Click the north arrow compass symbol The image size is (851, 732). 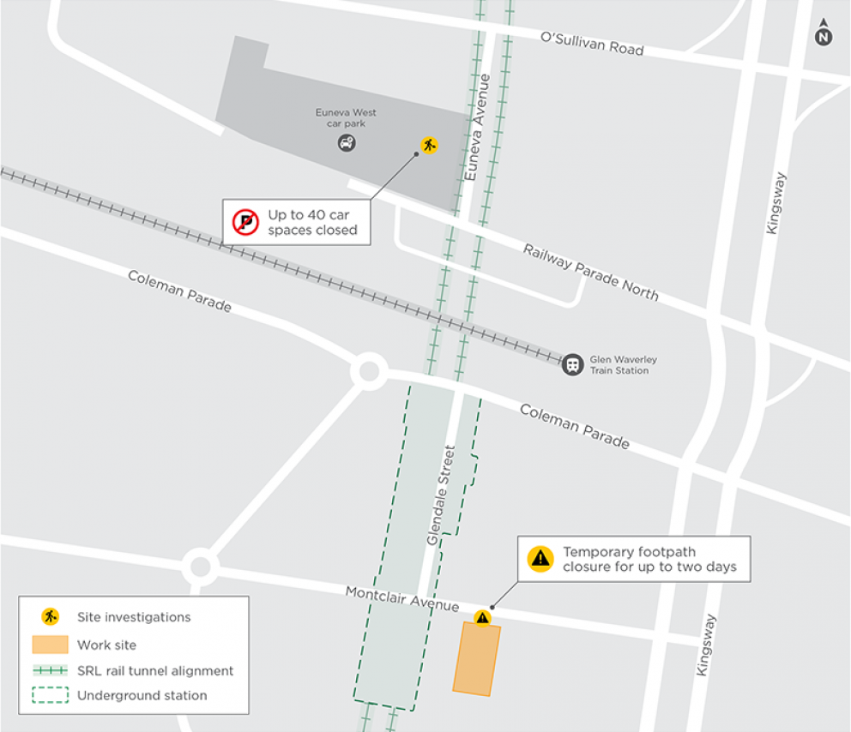824,33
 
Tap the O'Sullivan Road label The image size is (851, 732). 591,44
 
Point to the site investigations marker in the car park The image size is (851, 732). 428,145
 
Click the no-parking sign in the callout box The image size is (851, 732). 245,223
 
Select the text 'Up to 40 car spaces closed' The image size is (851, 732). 312,223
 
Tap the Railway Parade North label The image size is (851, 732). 591,271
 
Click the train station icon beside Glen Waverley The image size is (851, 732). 572,364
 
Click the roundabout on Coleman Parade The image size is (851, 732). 369,372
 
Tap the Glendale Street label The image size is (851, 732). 439,495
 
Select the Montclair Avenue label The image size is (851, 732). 402,598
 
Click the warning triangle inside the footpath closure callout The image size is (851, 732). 540,559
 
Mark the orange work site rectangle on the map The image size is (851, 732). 476,658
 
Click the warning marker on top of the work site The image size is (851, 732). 482,617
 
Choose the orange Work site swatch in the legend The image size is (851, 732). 50,645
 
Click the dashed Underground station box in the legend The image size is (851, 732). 50,695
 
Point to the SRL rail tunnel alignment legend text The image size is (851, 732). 155,670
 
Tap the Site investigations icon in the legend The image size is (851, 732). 50,616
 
